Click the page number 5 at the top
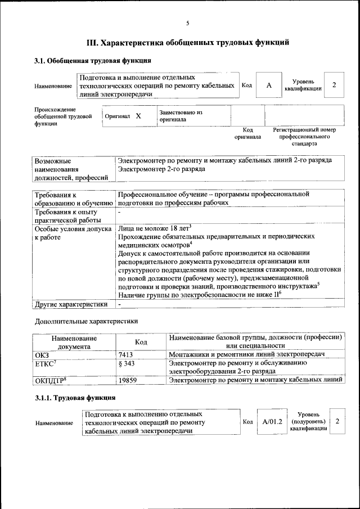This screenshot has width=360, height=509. [x=188, y=23]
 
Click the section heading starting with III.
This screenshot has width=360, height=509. [x=188, y=42]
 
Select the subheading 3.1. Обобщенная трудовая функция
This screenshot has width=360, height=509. [x=93, y=61]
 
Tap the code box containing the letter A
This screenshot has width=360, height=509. [x=269, y=85]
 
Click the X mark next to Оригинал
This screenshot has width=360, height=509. [x=138, y=115]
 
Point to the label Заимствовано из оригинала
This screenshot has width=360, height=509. [x=181, y=116]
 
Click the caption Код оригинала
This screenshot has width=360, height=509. [x=247, y=133]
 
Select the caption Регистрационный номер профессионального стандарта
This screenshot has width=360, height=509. [x=304, y=137]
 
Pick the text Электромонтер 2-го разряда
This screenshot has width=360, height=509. [x=162, y=169]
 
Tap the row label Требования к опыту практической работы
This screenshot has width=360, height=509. [x=66, y=217]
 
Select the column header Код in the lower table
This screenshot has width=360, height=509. [x=141, y=342]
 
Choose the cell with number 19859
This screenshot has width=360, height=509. [x=129, y=380]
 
